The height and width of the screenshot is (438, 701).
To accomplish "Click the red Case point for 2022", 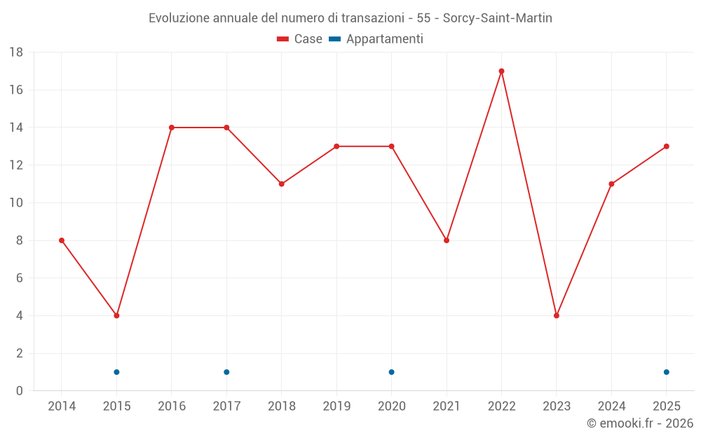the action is (502, 71).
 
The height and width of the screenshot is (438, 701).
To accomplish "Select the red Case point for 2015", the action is (116, 315).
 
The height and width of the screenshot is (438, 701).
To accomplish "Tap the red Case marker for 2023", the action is (557, 315).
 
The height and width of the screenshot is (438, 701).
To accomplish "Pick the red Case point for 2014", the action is (62, 240).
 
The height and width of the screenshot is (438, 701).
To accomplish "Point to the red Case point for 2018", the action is (282, 184).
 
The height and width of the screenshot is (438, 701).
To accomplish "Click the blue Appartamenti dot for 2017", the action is (226, 372).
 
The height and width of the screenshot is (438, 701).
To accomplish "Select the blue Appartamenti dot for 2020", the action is (392, 372).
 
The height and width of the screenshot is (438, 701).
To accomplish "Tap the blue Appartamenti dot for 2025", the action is (667, 372).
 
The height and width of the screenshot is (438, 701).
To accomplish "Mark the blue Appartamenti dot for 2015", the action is (116, 372).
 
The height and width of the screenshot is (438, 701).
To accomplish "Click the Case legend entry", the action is (299, 39).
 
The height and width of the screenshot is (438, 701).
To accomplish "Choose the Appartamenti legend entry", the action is (376, 39).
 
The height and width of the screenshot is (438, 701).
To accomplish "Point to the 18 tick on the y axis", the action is (16, 53).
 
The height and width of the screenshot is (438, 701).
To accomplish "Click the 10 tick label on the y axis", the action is (16, 203).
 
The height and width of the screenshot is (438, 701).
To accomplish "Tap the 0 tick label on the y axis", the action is (19, 391).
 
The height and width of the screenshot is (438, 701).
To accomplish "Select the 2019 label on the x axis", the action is (336, 406).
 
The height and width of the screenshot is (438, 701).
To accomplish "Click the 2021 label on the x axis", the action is (447, 406).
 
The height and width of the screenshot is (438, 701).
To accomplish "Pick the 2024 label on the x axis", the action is (611, 406).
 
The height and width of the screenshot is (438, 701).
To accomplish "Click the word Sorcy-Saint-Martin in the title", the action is (498, 18).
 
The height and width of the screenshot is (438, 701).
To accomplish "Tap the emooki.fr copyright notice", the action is (640, 423).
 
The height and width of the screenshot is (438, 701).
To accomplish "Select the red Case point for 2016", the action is (172, 128).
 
